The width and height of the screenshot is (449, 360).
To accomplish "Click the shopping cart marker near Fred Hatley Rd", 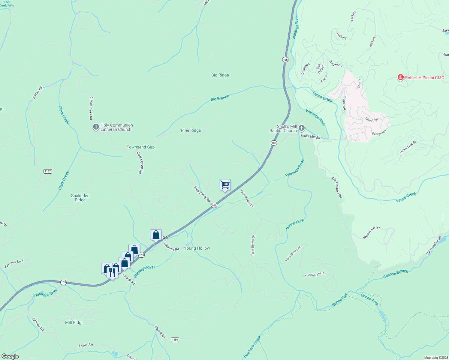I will click(x=225, y=185).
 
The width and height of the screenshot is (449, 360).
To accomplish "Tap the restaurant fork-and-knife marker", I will click(x=112, y=272).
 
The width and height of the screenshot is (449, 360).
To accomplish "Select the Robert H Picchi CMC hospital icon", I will click(x=400, y=78).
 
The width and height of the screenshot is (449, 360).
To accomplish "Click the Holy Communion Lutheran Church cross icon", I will click(x=96, y=127).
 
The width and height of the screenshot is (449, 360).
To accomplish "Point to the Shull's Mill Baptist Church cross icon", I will click(x=301, y=128).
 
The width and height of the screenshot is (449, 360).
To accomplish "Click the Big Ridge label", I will click(x=220, y=75).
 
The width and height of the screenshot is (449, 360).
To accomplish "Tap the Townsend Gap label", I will click(x=140, y=147).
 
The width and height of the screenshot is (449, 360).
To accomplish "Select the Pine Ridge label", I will click(x=191, y=130).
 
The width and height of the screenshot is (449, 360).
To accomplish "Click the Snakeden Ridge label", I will click(x=80, y=198).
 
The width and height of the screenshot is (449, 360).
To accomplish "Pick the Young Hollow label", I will click(x=197, y=248).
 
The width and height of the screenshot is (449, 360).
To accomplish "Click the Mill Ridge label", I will click(x=74, y=322).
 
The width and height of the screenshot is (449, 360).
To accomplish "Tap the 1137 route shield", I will click(x=48, y=171).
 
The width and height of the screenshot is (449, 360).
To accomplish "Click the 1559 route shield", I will click(x=175, y=340).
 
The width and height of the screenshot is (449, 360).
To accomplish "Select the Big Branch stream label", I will click(x=220, y=98).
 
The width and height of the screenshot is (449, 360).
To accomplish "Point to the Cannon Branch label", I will click(x=396, y=274).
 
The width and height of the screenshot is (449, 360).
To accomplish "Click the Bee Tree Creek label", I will click(x=252, y=347).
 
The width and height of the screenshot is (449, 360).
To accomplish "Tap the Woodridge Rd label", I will click(x=371, y=233).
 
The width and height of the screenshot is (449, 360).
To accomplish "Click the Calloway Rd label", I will click(x=171, y=247).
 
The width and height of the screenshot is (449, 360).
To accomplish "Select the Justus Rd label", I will click(x=38, y=93).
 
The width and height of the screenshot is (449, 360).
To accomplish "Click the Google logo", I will click(x=10, y=356).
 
